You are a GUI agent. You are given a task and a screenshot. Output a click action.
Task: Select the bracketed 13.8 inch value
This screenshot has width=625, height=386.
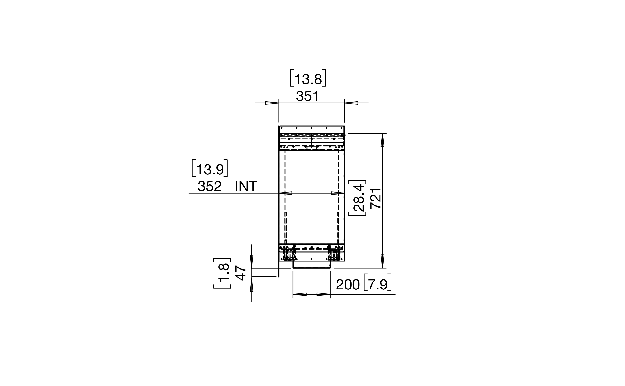click(308, 78)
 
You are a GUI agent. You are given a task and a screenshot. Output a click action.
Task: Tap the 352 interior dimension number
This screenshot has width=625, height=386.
click(209, 186)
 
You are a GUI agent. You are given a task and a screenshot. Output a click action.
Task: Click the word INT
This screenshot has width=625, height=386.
click(246, 186)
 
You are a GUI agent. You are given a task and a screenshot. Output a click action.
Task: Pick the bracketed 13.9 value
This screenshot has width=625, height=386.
click(210, 168)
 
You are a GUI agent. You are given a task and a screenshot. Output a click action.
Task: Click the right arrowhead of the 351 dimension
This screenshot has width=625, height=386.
click(351, 103)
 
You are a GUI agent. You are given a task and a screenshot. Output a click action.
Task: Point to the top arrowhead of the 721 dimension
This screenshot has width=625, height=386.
click(383, 140)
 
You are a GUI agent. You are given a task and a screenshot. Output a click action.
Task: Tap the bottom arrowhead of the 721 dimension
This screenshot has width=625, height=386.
click(383, 261)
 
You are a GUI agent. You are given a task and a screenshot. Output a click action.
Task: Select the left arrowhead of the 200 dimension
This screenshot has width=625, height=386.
click(299, 294)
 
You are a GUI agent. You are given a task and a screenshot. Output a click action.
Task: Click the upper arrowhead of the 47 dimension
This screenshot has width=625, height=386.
click(252, 262)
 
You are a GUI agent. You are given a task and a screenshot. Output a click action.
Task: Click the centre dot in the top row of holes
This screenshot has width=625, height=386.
click(312, 128)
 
